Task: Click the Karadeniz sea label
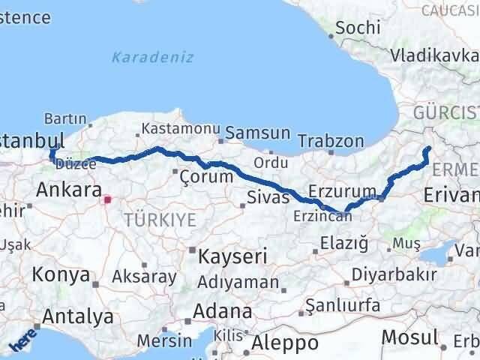153,57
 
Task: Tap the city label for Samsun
257,133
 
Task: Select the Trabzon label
331,140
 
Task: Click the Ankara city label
69,188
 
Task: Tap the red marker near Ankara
107,199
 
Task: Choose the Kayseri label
233,256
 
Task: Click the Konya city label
61,274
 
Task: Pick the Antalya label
78,316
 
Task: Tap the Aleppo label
284,343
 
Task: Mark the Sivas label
268,199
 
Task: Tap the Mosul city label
409,337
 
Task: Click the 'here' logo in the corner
22,341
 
